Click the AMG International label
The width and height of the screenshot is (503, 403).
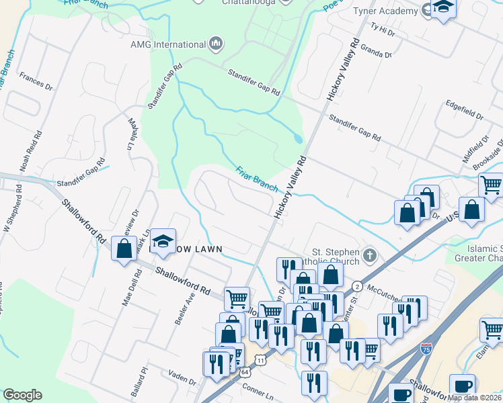[x=168, y=44]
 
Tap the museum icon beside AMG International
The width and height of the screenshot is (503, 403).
[x=216, y=44]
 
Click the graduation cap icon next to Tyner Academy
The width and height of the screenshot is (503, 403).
[x=443, y=8]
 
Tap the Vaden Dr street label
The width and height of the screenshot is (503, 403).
[x=182, y=379]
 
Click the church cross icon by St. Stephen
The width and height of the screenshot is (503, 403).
[x=369, y=255]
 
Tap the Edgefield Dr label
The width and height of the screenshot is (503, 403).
[x=465, y=111]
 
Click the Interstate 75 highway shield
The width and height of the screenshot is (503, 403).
[x=426, y=349]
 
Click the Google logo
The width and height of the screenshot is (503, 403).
[x=22, y=395]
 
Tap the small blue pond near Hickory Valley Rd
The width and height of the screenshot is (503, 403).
[x=298, y=138]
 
